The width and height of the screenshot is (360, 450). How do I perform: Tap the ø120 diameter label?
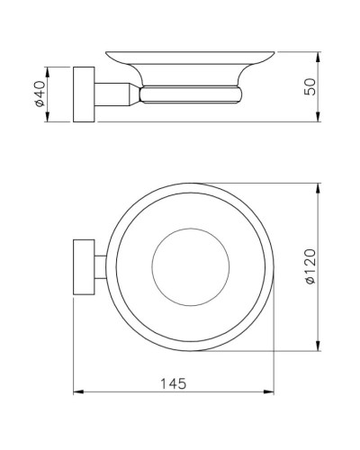tap(310, 266)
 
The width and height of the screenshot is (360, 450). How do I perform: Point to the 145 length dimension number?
tap(174, 383)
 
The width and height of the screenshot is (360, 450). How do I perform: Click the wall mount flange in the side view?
tap(84, 94)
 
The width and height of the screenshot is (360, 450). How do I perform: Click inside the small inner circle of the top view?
tap(192, 266)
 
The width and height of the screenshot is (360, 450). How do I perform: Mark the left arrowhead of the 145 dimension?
tap(76, 392)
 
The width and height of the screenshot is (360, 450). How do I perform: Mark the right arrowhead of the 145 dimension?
tap(272, 392)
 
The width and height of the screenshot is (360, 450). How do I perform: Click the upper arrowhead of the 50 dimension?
tap(320, 51)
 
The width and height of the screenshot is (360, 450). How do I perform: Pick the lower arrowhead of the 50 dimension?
tap(320, 120)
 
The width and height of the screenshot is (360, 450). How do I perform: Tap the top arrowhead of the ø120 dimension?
tap(320, 187)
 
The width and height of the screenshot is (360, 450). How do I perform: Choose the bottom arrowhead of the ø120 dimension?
tap(320, 348)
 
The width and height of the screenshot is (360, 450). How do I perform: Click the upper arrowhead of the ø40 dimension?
tap(49, 68)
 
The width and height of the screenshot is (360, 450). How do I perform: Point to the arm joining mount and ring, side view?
tap(115, 94)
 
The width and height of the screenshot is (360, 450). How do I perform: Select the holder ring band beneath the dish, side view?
tap(192, 94)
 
